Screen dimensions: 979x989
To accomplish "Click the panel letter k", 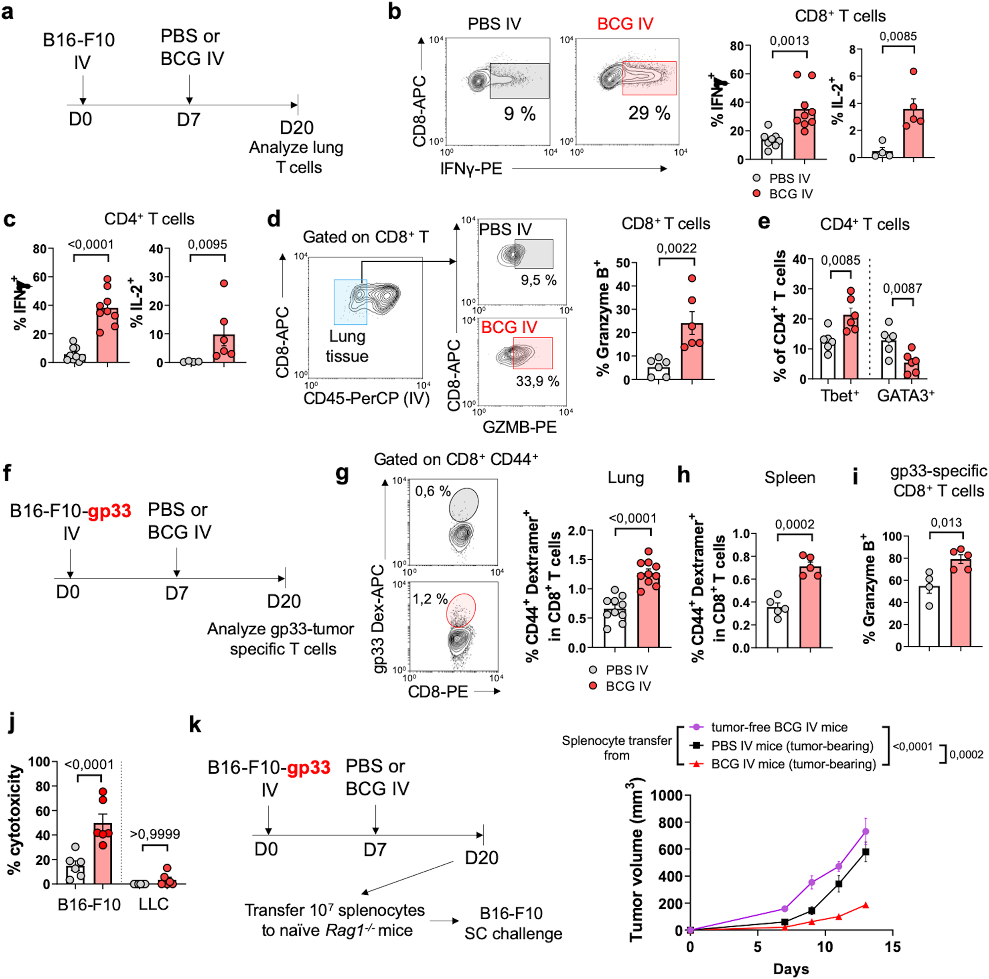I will (195, 725).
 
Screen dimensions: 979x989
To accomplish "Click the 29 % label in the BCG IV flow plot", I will (649, 113).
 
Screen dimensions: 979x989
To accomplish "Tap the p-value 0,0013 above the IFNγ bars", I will (789, 41).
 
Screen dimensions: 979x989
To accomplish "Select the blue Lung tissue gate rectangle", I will (350, 302).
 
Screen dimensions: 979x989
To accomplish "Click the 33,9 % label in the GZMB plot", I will (537, 381).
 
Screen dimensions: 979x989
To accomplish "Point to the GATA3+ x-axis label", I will (905, 396).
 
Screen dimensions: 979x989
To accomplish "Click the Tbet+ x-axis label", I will (840, 396).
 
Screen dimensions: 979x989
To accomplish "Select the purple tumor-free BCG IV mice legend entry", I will (778, 727).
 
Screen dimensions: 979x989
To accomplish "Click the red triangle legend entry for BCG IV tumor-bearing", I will (696, 764).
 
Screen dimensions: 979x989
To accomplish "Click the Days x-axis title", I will (791, 969).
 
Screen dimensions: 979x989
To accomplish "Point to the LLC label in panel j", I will (154, 904).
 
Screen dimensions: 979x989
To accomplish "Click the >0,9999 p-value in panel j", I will (155, 834).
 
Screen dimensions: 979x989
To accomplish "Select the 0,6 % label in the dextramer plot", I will (433, 491).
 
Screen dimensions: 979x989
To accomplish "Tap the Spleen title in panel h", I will (789, 478).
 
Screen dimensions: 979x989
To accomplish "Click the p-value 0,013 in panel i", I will (946, 523).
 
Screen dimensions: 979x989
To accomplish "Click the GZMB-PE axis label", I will (519, 427).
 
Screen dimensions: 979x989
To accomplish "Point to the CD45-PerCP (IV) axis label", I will (366, 398).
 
